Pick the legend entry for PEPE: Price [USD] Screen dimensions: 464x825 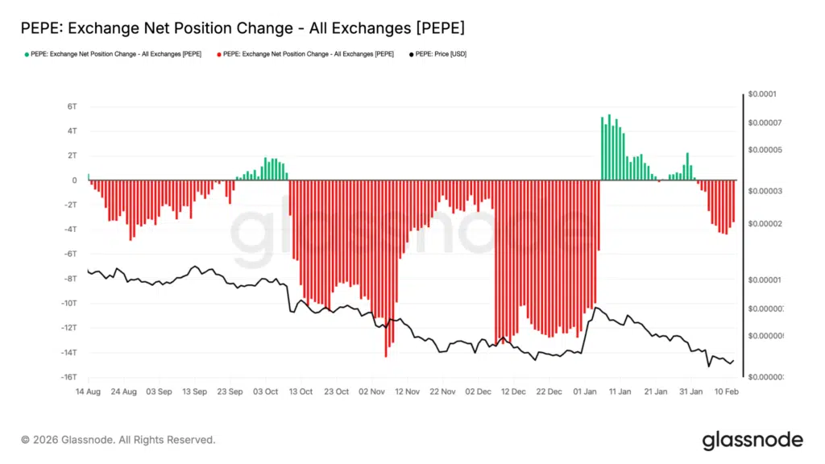439,54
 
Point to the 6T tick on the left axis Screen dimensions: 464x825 72,106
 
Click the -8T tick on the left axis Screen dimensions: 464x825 70,279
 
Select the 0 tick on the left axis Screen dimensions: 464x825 74,180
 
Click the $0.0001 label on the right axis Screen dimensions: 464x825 763,94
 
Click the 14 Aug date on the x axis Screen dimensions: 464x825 88,391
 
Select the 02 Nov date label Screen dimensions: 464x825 371,391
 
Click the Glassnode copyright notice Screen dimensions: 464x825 118,440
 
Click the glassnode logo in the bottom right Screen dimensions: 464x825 752,440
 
